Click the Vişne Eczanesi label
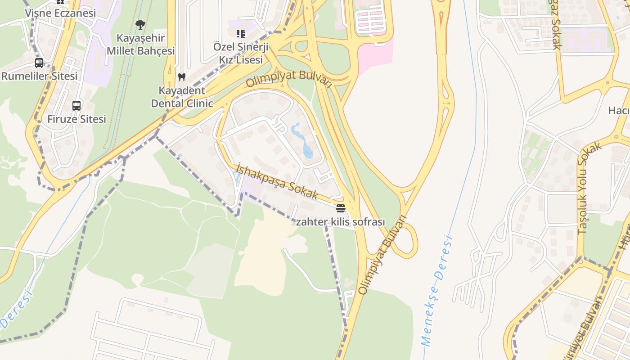tap(60, 13)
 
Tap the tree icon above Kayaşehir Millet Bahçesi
tap(140, 25)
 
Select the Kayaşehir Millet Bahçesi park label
tap(140, 44)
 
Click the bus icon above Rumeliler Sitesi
tap(39, 63)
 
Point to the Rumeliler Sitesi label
tap(40, 76)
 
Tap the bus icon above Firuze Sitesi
tap(76, 106)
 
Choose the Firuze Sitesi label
tap(77, 119)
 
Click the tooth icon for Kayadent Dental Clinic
tap(182, 77)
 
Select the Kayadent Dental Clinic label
tap(182, 97)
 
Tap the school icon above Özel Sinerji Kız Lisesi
tap(241, 34)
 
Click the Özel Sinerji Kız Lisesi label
tap(241, 53)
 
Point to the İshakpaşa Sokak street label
tap(277, 181)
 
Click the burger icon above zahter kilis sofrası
tap(340, 208)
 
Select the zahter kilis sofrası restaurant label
tap(341, 222)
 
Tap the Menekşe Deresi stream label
tap(436, 290)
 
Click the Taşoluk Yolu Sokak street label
tap(589, 188)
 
